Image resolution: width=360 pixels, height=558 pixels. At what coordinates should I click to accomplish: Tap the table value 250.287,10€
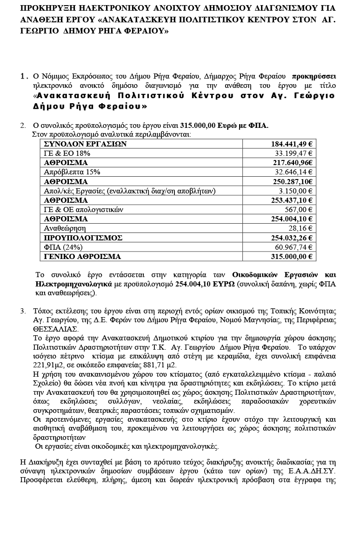click(x=293, y=181)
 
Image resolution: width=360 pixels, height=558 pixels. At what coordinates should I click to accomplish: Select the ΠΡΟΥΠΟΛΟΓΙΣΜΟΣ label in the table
click(x=83, y=238)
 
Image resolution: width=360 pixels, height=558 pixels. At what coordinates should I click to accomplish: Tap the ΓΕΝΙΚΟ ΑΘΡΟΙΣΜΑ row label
click(x=82, y=256)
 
